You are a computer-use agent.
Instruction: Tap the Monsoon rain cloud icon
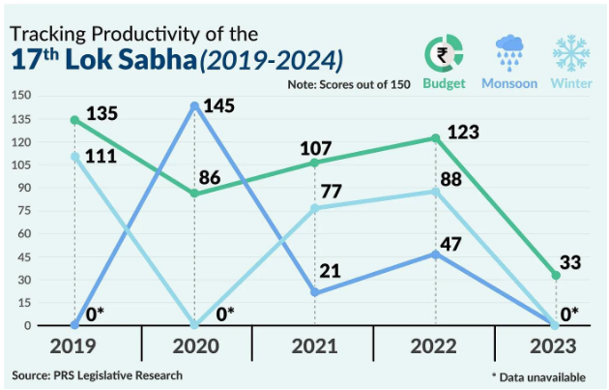[x=509, y=52]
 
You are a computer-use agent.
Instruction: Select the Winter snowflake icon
[x=571, y=52]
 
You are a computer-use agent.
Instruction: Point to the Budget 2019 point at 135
[x=75, y=120]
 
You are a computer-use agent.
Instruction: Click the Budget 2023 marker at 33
[x=556, y=276]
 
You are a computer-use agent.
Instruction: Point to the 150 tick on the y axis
[x=20, y=96]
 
